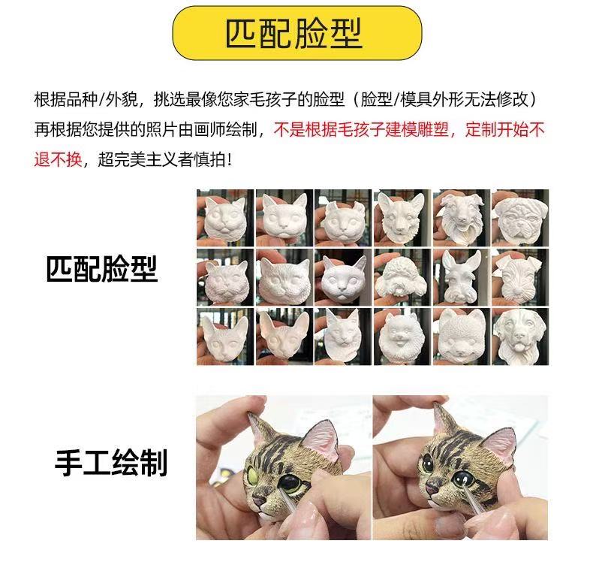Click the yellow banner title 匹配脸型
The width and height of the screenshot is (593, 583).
pyautogui.click(x=294, y=33)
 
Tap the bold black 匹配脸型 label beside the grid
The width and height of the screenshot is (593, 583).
pyautogui.click(x=102, y=268)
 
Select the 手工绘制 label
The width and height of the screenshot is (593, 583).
pyautogui.click(x=111, y=462)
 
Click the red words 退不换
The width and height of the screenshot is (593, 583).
pyautogui.click(x=59, y=159)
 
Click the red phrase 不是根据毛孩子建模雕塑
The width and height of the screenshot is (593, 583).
pyautogui.click(x=361, y=129)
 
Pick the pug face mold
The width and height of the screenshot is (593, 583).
pyautogui.click(x=520, y=219)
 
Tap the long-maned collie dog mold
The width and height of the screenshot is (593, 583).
pyautogui.click(x=461, y=217)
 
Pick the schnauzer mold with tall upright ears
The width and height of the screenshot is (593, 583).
pyautogui.click(x=462, y=276)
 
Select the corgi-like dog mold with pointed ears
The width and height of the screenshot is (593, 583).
pyautogui.click(x=402, y=216)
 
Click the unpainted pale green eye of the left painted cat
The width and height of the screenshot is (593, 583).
pyautogui.click(x=255, y=471)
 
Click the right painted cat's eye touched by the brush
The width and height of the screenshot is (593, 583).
pyautogui.click(x=462, y=480)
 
